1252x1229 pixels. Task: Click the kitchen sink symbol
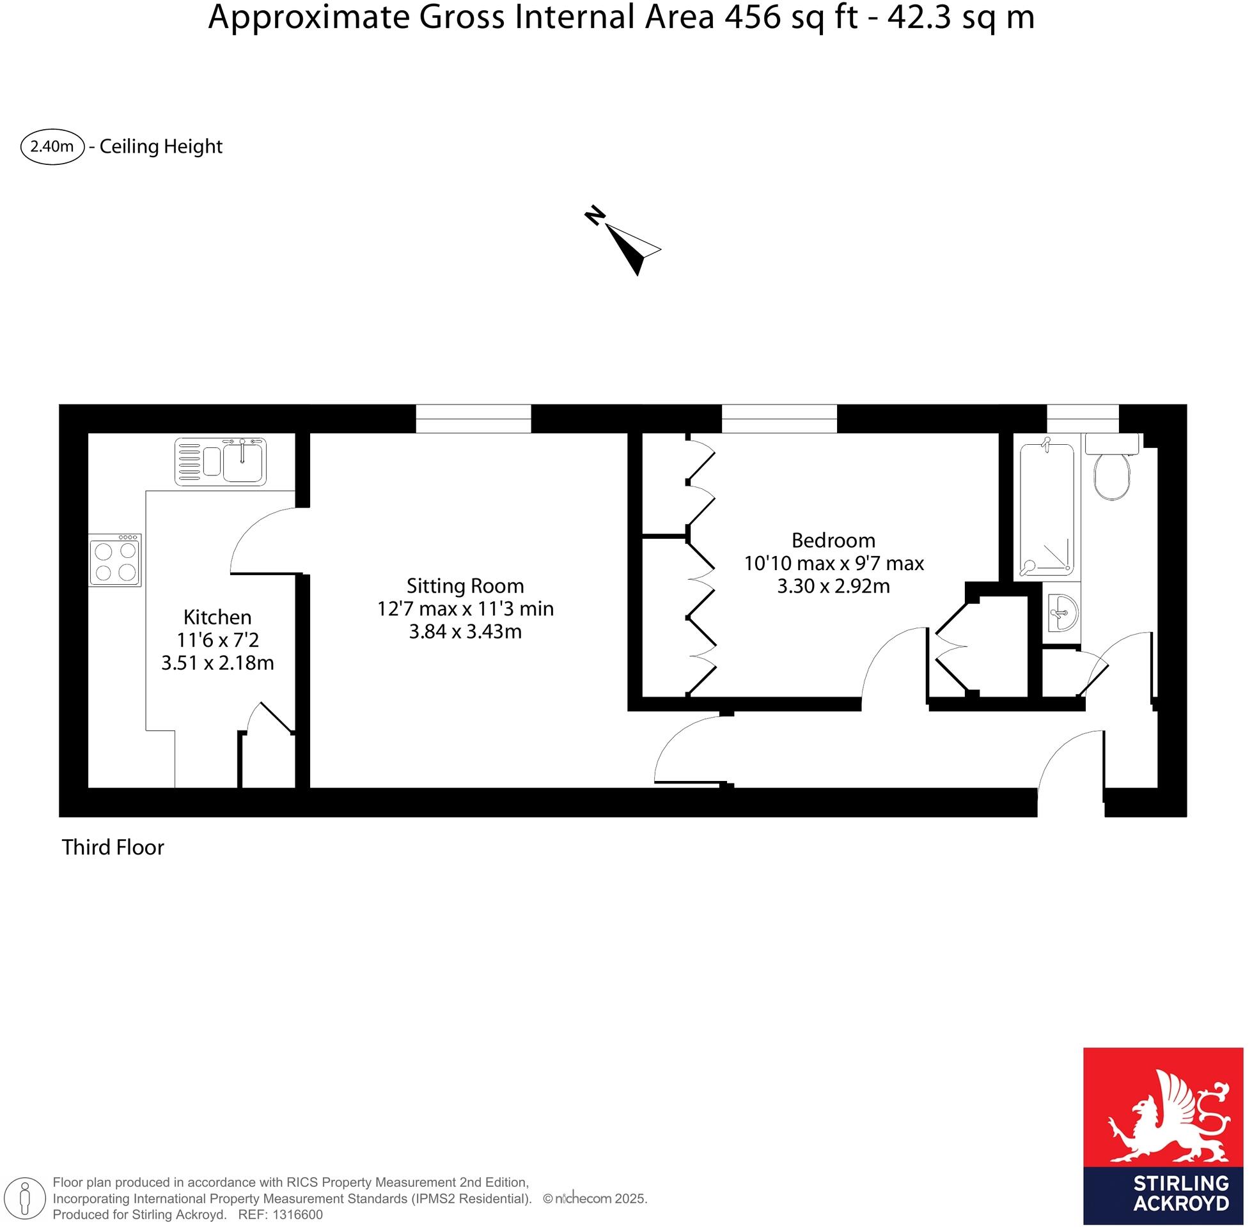coord(220,461)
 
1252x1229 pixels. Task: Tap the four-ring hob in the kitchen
coord(115,561)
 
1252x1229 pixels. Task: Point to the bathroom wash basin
coord(1063,612)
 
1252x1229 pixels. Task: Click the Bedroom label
coord(833,539)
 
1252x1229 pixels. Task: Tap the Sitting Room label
coord(465,585)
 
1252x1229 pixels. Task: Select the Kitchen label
coord(217,617)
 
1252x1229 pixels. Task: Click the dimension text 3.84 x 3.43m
coord(465,631)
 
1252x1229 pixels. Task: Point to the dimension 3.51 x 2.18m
coord(217,663)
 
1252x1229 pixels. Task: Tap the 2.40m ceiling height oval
coord(52,146)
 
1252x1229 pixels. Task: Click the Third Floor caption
coord(113,847)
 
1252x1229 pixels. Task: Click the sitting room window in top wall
coord(473,418)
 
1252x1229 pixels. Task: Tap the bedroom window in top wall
coord(779,418)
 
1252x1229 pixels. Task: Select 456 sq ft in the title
coord(791,18)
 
